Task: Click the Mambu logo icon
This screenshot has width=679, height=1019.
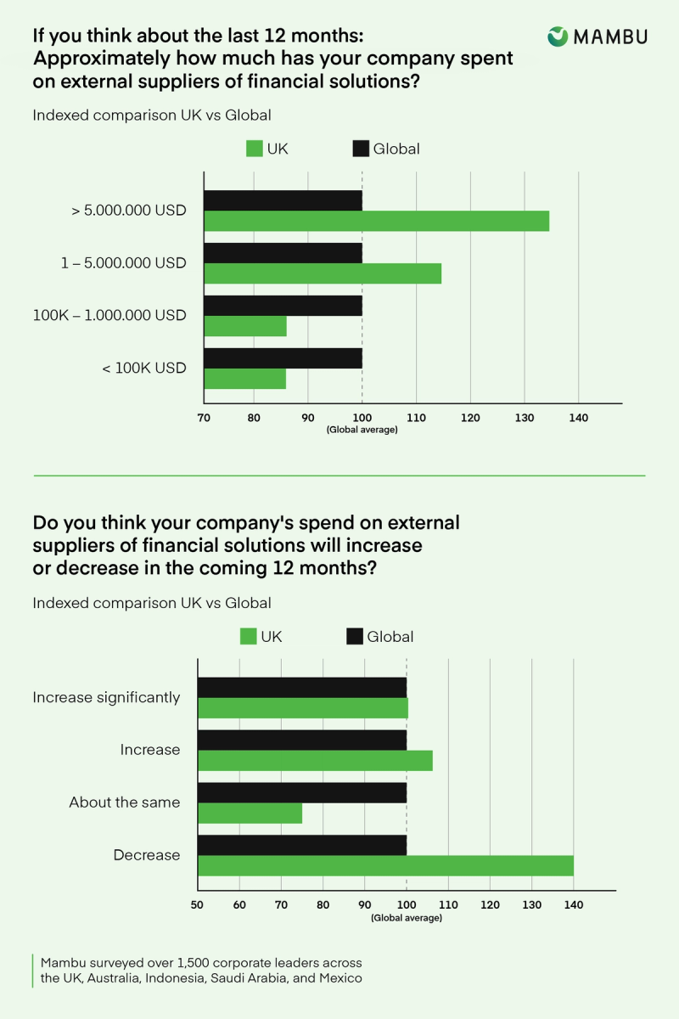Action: click(x=558, y=36)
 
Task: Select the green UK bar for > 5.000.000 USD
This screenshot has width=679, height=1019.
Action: click(x=376, y=221)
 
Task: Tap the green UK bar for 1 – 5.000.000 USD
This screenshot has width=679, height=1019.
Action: click(x=323, y=273)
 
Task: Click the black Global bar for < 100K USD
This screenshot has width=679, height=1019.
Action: click(x=283, y=357)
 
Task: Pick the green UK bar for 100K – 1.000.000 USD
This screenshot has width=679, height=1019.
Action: click(x=245, y=326)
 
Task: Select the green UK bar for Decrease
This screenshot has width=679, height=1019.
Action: click(x=385, y=865)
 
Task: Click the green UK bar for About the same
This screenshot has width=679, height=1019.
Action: click(x=250, y=813)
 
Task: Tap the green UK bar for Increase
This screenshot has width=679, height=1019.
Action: click(x=315, y=760)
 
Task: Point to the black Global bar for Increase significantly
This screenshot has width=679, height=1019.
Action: click(x=302, y=687)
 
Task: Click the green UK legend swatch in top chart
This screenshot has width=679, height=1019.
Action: click(x=254, y=149)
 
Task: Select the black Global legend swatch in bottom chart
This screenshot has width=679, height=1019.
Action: click(x=354, y=636)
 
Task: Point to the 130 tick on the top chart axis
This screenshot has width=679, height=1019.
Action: click(x=524, y=418)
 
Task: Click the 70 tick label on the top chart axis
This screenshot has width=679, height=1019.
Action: click(x=204, y=418)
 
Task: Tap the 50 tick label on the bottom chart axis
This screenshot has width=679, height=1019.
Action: click(x=198, y=905)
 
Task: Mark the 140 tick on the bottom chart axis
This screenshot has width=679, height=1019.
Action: click(x=574, y=905)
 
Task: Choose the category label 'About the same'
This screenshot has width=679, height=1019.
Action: click(x=125, y=802)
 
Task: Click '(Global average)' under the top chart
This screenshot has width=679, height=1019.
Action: click(x=362, y=431)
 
